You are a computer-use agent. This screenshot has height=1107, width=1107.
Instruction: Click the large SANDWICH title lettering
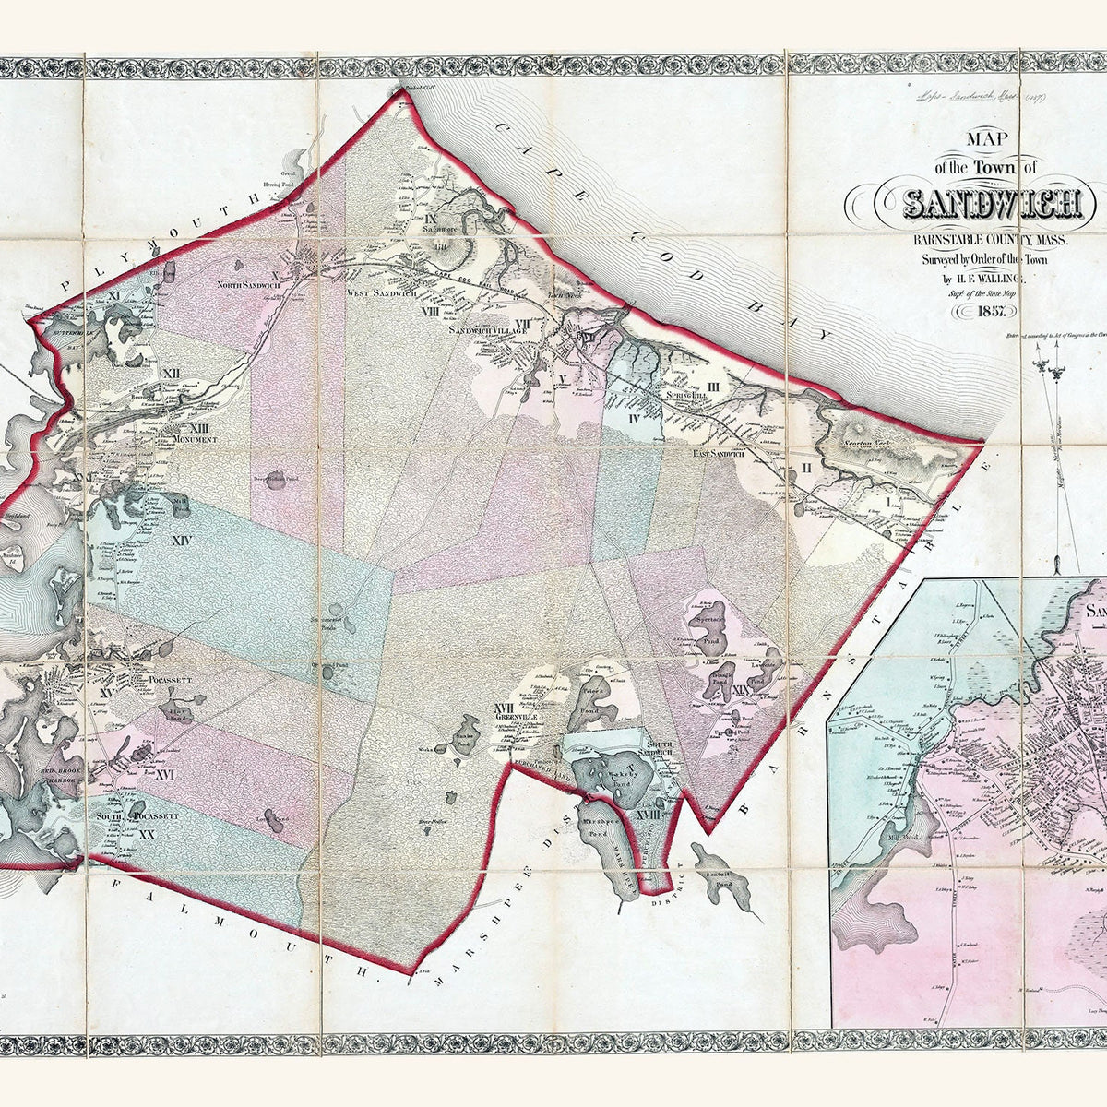click(x=993, y=202)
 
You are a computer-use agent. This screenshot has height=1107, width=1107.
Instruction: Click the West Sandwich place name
click(x=382, y=293)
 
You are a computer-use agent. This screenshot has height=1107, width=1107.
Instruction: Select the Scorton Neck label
click(x=866, y=444)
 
